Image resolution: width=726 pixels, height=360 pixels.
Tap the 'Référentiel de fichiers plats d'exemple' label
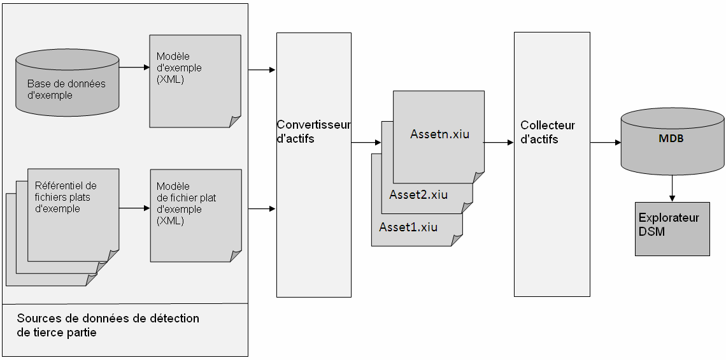[x=66, y=197]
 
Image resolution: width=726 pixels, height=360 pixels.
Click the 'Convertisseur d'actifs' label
[x=313, y=132]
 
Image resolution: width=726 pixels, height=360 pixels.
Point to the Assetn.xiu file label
[x=439, y=134]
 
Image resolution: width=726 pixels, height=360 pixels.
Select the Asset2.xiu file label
[x=418, y=195]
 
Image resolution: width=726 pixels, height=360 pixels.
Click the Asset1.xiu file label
[x=408, y=227]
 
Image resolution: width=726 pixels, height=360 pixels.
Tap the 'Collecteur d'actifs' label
[x=548, y=132]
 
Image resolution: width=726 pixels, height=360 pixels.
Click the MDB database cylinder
[x=672, y=141]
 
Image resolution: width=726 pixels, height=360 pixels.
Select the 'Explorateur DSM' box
[x=672, y=229]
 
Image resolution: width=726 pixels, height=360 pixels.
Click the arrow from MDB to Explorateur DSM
[x=672, y=189]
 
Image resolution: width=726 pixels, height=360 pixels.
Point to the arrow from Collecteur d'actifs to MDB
[x=605, y=143]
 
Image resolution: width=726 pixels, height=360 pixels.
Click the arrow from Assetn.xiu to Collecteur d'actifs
[x=499, y=143]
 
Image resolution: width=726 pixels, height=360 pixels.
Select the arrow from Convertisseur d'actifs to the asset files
[x=366, y=143]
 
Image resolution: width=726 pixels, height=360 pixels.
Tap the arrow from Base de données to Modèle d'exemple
[x=134, y=67]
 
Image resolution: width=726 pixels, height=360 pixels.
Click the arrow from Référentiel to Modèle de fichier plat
[x=134, y=208]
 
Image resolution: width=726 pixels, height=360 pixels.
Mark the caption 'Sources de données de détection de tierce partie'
[x=108, y=325]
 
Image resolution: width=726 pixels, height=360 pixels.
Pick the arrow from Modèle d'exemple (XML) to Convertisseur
[x=262, y=69]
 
